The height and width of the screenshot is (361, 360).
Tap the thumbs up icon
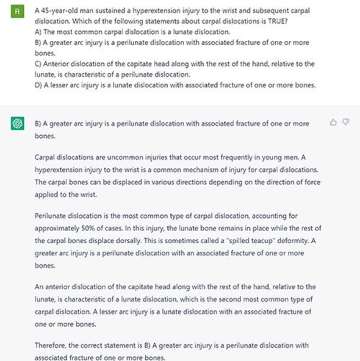coord(333,122)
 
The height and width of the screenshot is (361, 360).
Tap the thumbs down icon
coord(346,122)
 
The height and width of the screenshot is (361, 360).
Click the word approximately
coord(53,228)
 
